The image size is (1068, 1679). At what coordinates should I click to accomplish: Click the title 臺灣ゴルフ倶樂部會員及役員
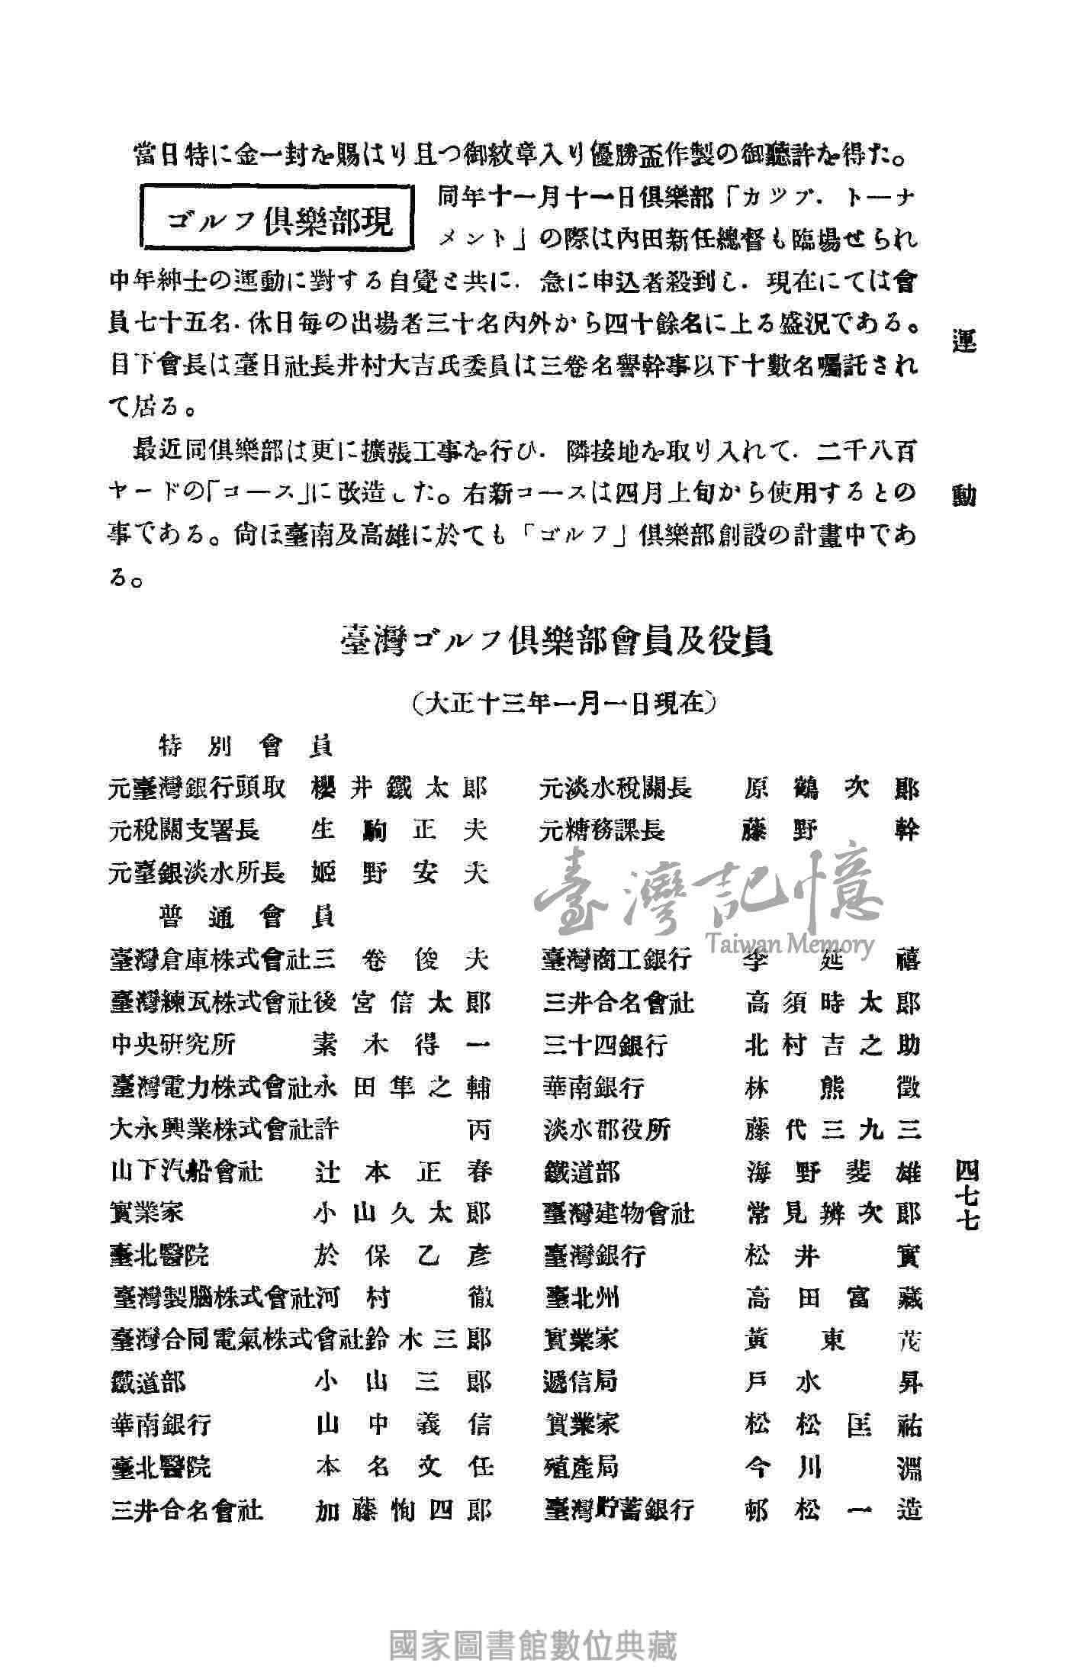click(556, 641)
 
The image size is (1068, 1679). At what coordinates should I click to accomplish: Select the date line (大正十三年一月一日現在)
click(563, 703)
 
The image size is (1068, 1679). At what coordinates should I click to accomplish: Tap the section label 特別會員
click(246, 745)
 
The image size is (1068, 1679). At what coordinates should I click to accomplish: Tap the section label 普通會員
click(246, 915)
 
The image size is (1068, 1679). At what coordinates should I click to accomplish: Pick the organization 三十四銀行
click(606, 1043)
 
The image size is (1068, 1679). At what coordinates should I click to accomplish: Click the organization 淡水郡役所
click(606, 1129)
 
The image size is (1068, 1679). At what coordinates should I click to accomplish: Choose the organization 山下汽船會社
click(186, 1171)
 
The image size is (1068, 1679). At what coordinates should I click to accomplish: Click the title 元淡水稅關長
click(616, 788)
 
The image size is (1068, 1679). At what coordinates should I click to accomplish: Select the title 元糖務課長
click(603, 830)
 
